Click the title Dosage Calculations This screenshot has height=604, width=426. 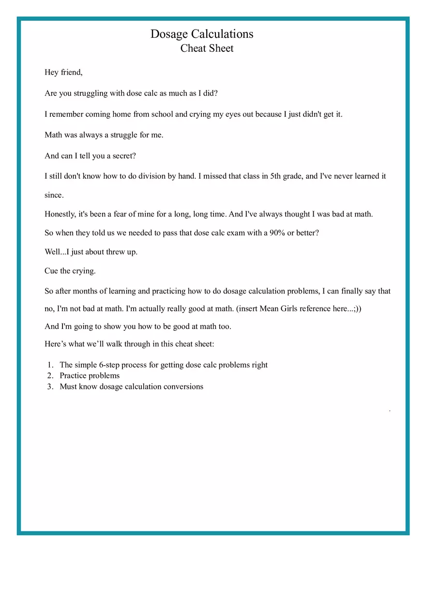202,34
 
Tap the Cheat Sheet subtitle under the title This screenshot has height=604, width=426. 207,48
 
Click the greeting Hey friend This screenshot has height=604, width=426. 63,73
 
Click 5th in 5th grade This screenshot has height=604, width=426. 278,176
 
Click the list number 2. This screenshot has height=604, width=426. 50,376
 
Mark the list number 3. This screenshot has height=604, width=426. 50,387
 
